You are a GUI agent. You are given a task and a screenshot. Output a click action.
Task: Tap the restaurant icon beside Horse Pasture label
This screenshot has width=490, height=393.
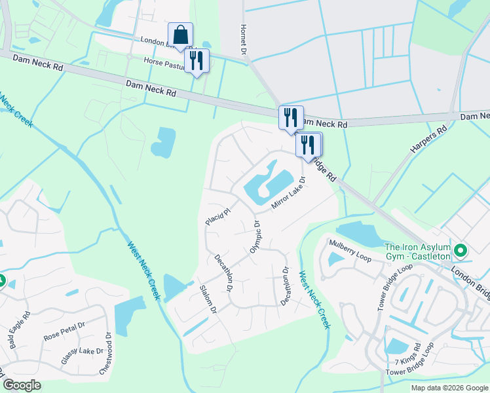point(197,61)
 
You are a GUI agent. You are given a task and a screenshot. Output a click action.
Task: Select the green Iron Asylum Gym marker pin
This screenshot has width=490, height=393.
point(461,250)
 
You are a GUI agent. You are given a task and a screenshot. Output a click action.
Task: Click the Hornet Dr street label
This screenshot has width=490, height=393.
point(243,40)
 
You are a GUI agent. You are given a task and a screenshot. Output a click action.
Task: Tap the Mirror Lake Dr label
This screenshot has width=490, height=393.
point(289,193)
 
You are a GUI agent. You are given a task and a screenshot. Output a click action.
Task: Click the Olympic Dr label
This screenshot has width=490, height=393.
point(255,236)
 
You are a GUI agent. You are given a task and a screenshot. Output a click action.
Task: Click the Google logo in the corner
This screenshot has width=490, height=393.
point(22,385)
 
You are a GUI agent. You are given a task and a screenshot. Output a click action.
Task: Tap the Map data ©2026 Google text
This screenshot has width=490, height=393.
point(449,388)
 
